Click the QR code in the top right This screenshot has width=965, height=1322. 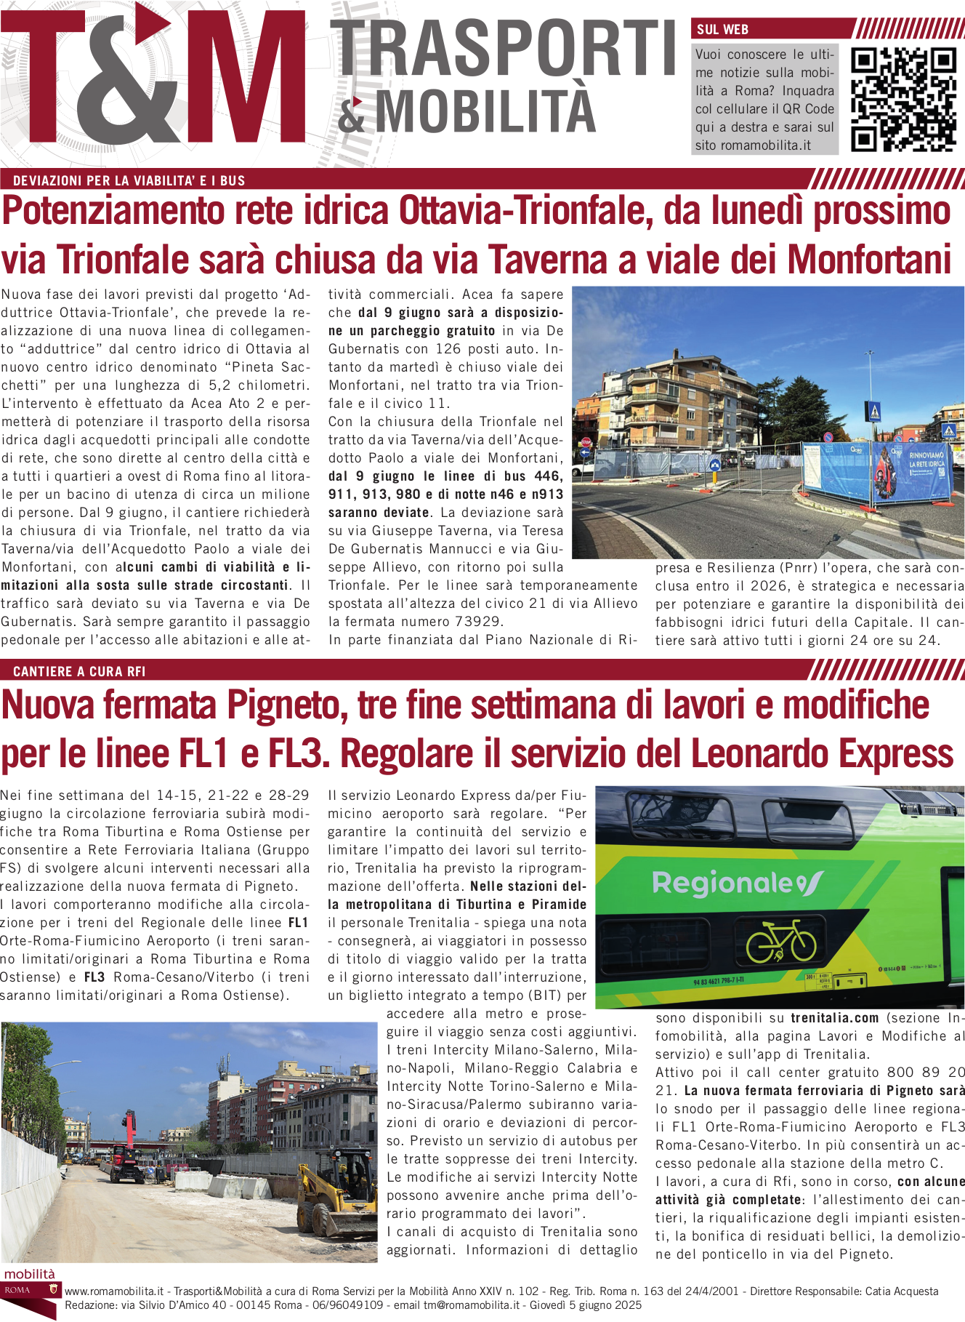(903, 99)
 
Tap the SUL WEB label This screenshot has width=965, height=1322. (722, 30)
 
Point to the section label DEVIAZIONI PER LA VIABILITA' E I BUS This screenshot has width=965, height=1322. (129, 181)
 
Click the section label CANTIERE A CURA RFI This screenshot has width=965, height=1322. (79, 671)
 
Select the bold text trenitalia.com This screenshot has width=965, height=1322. (834, 1018)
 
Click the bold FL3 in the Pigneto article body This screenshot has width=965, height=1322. (94, 977)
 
